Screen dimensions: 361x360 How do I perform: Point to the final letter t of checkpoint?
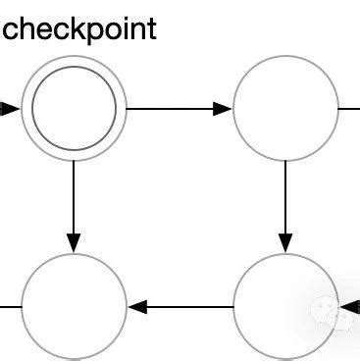point(150,27)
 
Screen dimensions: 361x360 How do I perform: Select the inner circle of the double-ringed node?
point(75,109)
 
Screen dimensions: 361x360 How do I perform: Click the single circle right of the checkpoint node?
point(285,109)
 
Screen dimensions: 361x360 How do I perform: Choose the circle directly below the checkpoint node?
point(75,306)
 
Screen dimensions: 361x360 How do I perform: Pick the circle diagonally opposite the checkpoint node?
point(285,306)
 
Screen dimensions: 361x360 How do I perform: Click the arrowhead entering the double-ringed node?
point(9,109)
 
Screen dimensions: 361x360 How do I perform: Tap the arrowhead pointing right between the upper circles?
point(223,109)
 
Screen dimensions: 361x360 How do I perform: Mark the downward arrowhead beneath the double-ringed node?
point(75,241)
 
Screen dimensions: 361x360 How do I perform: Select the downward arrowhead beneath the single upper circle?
point(285,241)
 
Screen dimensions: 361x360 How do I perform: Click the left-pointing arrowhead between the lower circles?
point(139,306)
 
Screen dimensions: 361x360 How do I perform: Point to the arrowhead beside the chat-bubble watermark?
point(347,306)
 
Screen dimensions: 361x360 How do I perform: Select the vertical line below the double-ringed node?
point(75,196)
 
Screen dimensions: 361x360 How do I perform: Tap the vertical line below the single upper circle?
point(285,196)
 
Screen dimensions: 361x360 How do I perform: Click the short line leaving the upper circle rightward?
point(349,109)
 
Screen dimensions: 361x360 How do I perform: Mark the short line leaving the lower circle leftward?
point(10,306)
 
